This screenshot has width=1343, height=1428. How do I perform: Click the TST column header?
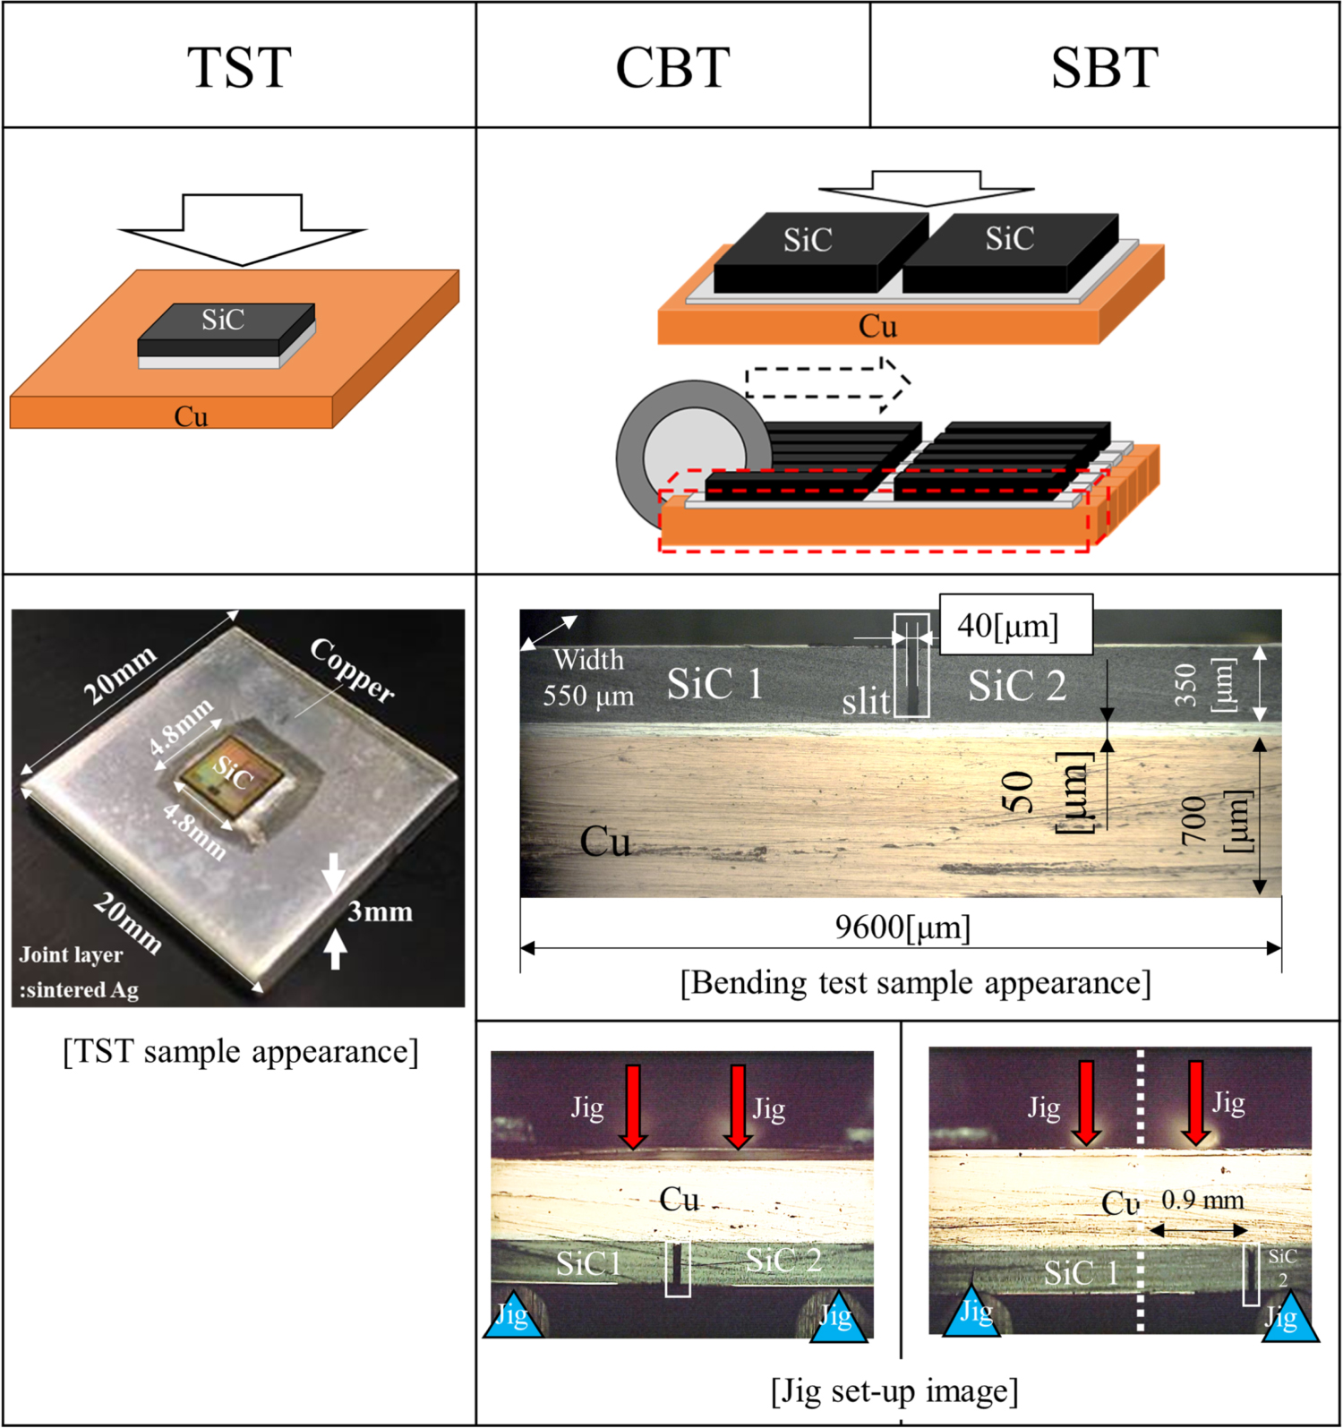pos(239,67)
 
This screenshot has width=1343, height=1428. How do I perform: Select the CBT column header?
pos(672,67)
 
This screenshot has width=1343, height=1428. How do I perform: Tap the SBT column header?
pos(1104,67)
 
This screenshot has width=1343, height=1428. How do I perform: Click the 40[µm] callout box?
pos(1015,625)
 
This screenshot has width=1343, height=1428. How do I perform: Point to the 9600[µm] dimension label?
pos(902,928)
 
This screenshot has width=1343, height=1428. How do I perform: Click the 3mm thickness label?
pos(380,912)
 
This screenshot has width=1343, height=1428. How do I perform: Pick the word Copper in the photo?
pos(352,671)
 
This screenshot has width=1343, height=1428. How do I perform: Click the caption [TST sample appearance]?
pos(240,1051)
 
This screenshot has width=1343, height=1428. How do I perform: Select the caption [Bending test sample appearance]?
pos(915,983)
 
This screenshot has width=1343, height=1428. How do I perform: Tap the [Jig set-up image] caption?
pos(894,1391)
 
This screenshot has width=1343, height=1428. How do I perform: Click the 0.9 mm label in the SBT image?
pos(1202,1201)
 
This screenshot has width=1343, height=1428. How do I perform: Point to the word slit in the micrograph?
pos(866,702)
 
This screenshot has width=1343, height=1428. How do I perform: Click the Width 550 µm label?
pos(588,678)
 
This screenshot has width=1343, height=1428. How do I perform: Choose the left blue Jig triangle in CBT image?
pos(513,1316)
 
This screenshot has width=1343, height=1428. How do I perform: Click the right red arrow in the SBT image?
pos(1196,1102)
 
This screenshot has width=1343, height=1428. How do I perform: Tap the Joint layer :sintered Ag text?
pos(79,972)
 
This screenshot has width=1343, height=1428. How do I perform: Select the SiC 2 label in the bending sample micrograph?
pos(1017,687)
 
